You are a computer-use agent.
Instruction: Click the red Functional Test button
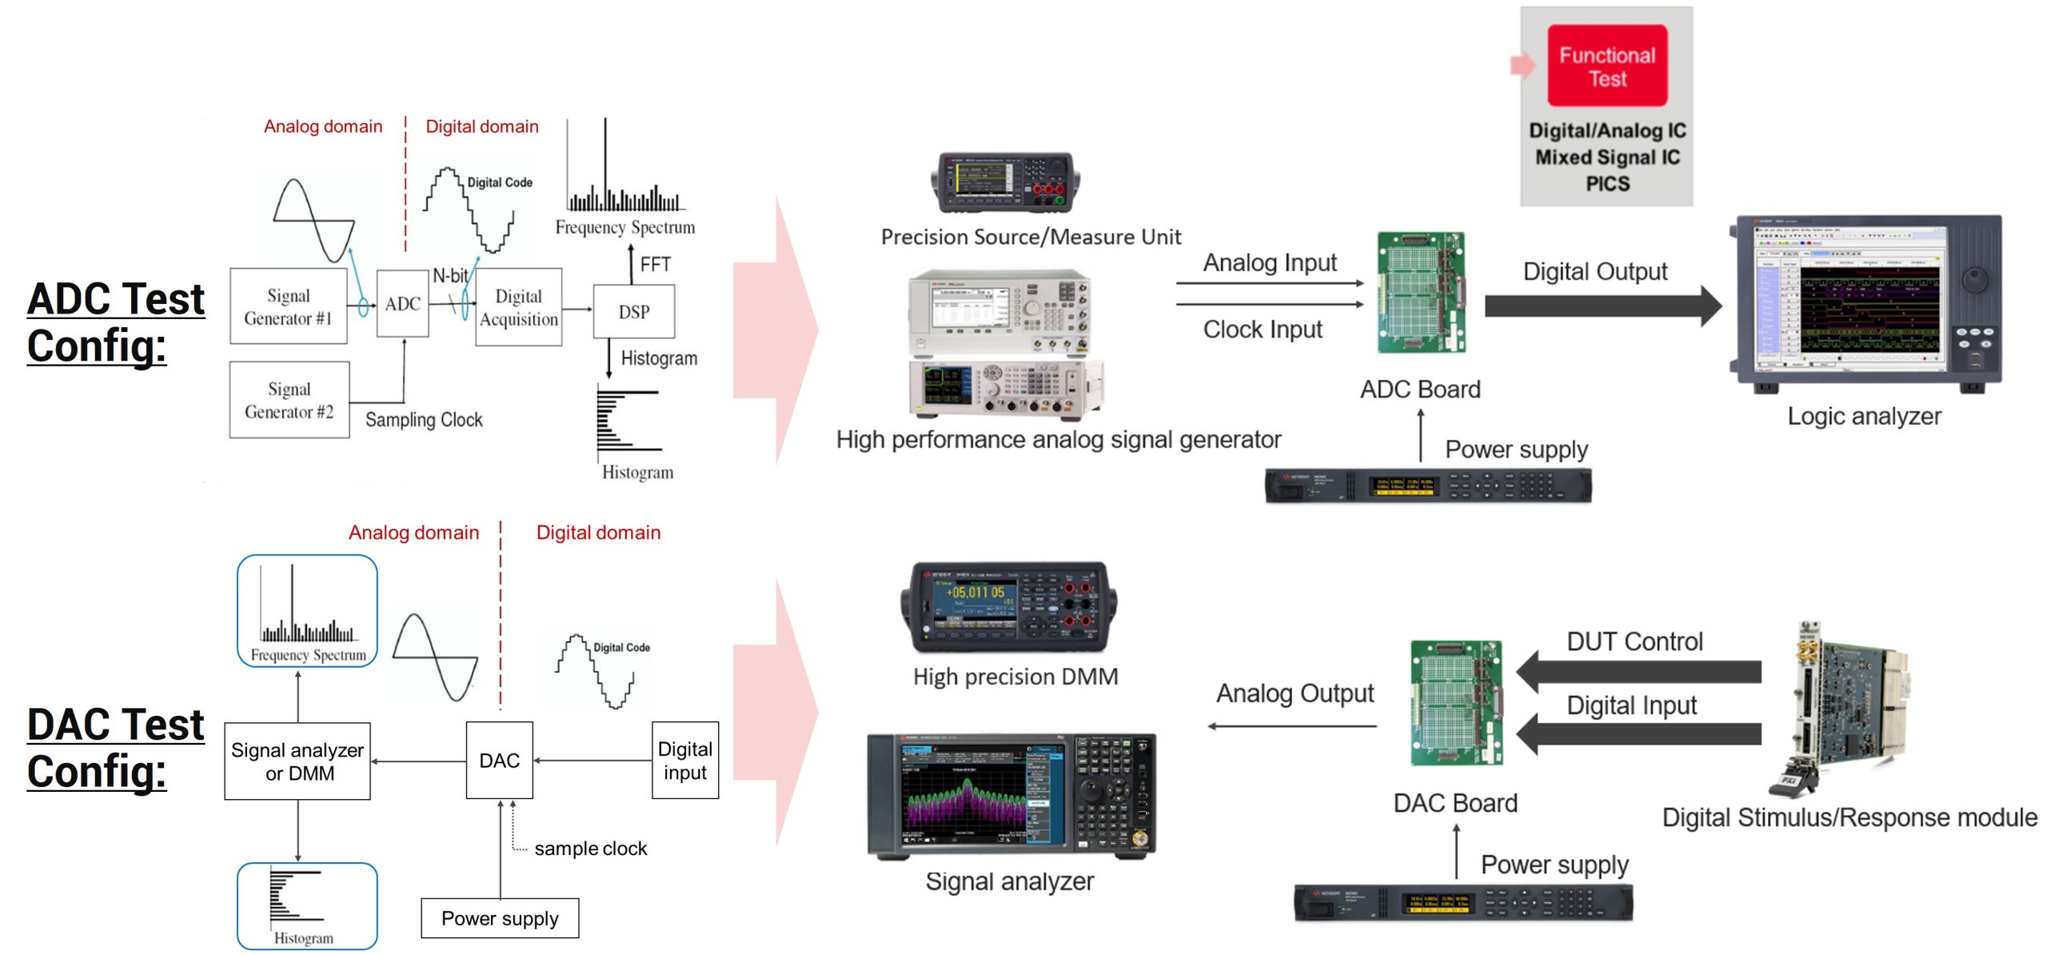pyautogui.click(x=1606, y=66)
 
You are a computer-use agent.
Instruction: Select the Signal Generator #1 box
pyautogui.click(x=288, y=306)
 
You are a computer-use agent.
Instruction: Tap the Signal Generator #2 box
pyautogui.click(x=289, y=400)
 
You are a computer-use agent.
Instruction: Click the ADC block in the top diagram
pyautogui.click(x=402, y=304)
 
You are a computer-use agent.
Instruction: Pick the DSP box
pyautogui.click(x=633, y=312)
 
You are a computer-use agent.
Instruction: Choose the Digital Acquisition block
pyautogui.click(x=518, y=308)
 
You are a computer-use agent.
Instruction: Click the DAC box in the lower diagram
pyautogui.click(x=499, y=761)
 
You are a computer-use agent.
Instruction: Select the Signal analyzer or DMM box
pyautogui.click(x=297, y=761)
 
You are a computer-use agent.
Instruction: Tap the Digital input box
pyautogui.click(x=684, y=761)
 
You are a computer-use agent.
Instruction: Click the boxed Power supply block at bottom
pyautogui.click(x=500, y=918)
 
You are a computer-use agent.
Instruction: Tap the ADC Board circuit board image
pyautogui.click(x=1421, y=292)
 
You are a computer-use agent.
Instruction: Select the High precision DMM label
pyautogui.click(x=1016, y=677)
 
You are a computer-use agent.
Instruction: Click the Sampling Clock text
pyautogui.click(x=424, y=420)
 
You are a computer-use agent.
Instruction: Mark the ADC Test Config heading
pyautogui.click(x=116, y=322)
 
